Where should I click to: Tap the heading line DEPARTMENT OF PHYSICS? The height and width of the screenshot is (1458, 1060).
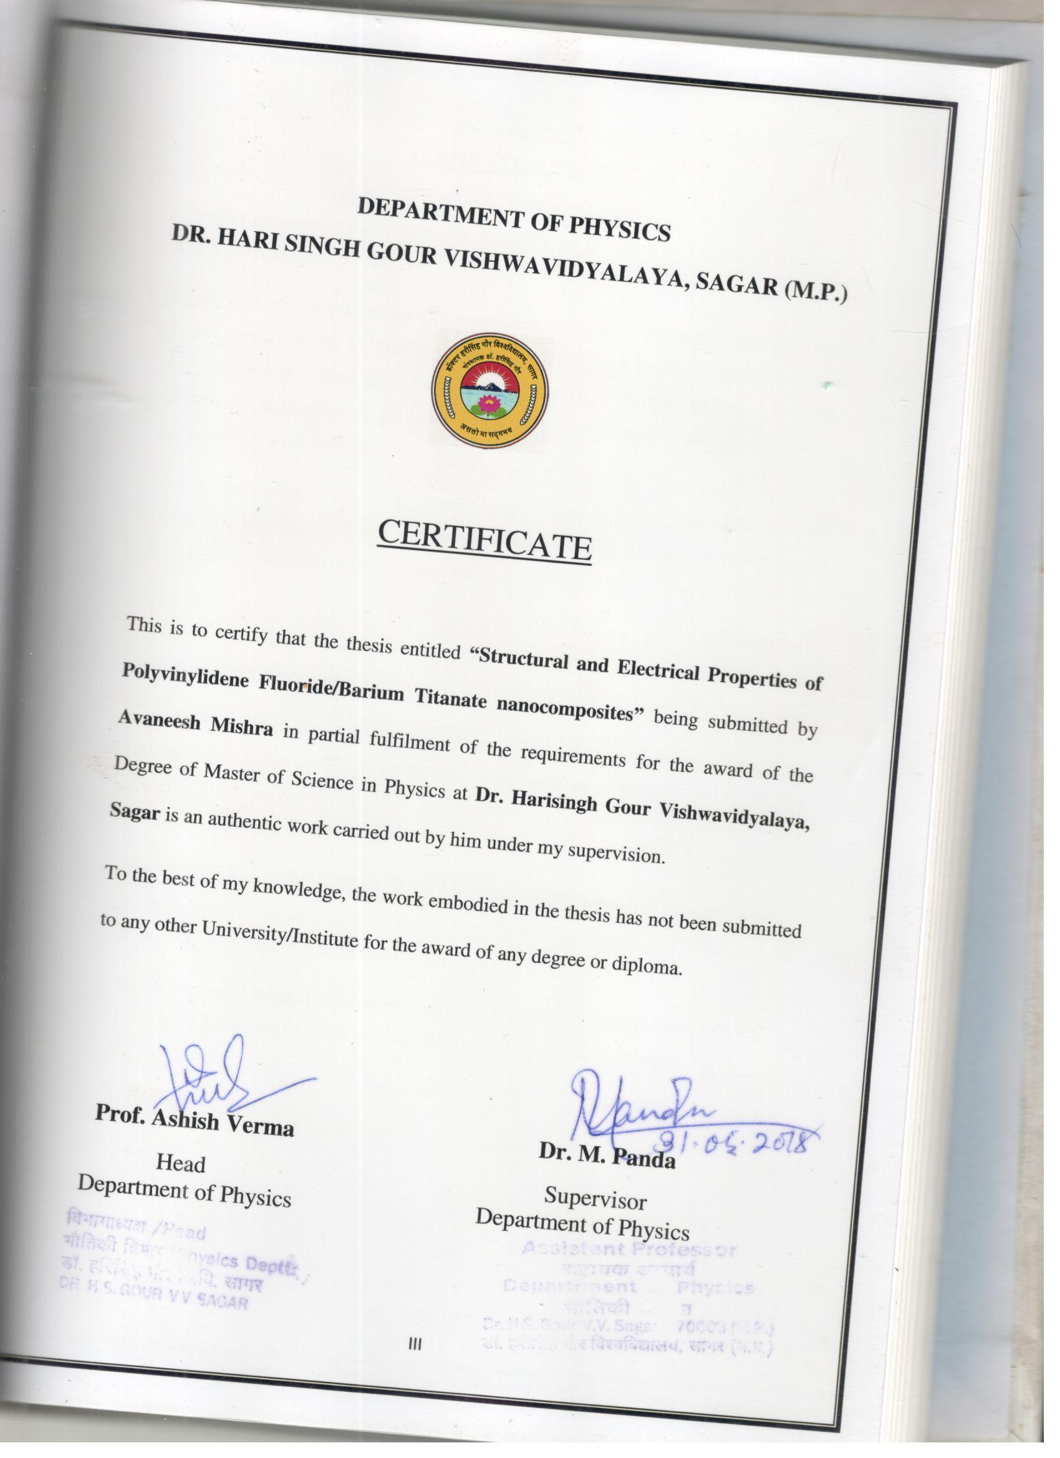(x=514, y=218)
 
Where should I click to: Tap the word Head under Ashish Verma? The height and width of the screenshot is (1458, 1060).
(x=181, y=1162)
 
